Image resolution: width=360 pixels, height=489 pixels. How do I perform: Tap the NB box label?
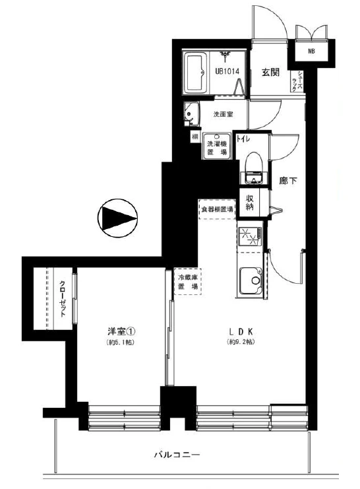pyautogui.click(x=311, y=51)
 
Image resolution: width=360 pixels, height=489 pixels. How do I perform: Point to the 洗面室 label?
pyautogui.click(x=222, y=114)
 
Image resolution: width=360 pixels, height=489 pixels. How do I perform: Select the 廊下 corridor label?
pyautogui.click(x=286, y=180)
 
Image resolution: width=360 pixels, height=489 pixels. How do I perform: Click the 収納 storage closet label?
pyautogui.click(x=251, y=203)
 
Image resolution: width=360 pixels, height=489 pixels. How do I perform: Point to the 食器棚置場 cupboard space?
pyautogui.click(x=218, y=210)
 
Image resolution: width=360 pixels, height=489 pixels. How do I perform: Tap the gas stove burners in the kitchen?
pyautogui.click(x=250, y=237)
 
